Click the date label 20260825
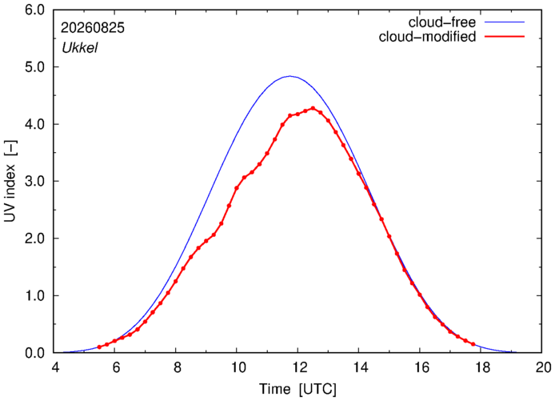point(93,28)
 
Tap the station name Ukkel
point(80,48)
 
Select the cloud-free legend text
point(441,22)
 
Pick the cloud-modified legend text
point(427,37)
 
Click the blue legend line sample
point(505,22)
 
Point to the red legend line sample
point(505,37)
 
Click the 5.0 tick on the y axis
point(34,67)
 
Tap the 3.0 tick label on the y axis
point(34,181)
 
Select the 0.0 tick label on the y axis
point(34,353)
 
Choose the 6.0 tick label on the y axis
point(34,10)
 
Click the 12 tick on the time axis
point(298,367)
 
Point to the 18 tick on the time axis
point(481,367)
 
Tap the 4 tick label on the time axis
point(55,367)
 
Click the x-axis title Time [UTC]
point(297,389)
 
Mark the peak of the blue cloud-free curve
point(289,76)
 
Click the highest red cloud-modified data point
point(313,108)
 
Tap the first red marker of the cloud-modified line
point(99,347)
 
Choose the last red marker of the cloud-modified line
point(473,344)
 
